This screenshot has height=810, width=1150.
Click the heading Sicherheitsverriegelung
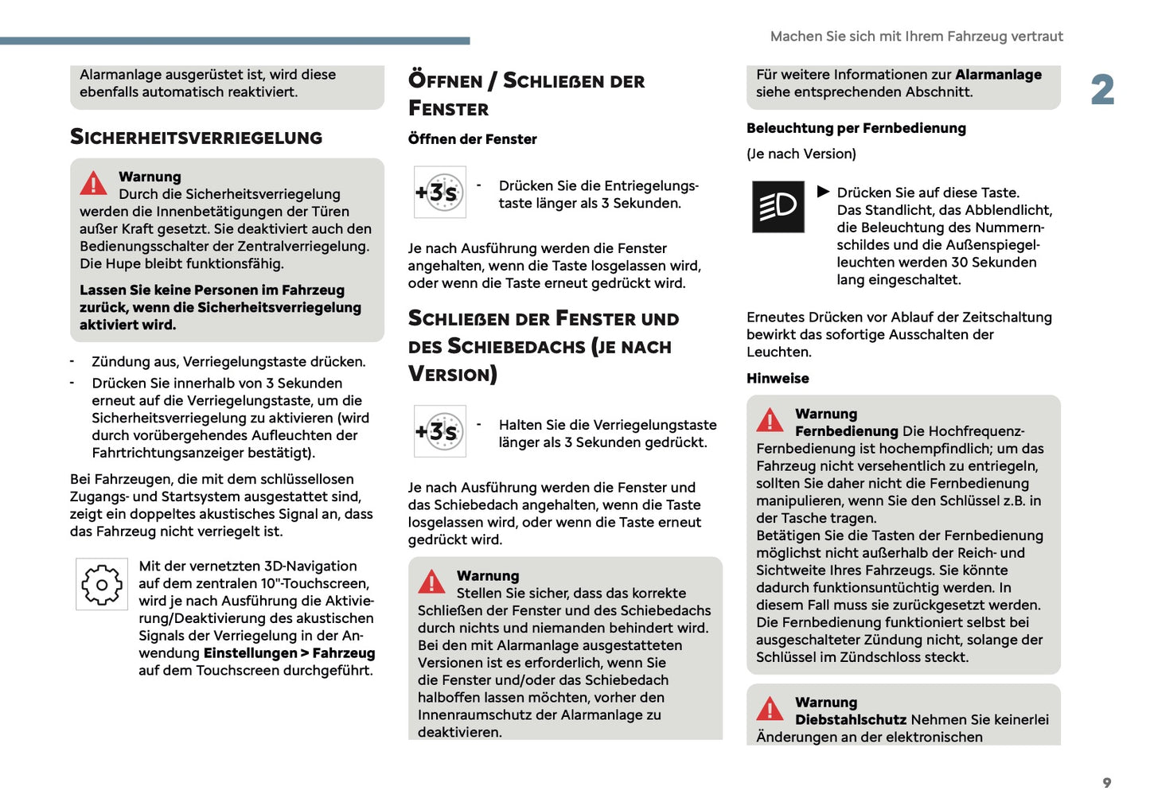(x=196, y=137)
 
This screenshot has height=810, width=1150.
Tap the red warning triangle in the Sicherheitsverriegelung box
(x=93, y=184)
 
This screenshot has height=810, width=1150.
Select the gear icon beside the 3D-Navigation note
(x=101, y=585)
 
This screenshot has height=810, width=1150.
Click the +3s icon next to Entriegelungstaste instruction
(x=439, y=192)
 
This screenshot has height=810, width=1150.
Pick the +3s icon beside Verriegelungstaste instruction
(x=439, y=431)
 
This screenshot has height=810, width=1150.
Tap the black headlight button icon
(x=778, y=207)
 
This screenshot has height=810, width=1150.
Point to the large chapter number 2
(x=1102, y=90)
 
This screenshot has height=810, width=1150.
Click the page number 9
(x=1106, y=783)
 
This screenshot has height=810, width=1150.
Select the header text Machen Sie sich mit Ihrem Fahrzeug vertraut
(x=916, y=37)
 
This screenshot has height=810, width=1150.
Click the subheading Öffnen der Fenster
(x=472, y=139)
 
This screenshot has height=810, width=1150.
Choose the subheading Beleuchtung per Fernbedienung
(x=856, y=128)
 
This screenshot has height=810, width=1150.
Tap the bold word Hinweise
(x=778, y=379)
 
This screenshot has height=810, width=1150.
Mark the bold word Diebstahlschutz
(x=850, y=719)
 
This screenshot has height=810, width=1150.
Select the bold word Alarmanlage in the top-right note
(x=998, y=75)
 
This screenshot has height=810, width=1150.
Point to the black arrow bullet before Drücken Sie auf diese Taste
(x=823, y=192)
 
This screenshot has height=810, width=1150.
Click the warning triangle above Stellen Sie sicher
(x=431, y=582)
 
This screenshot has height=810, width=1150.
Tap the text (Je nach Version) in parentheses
(x=801, y=154)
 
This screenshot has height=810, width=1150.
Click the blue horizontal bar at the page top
(x=235, y=41)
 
